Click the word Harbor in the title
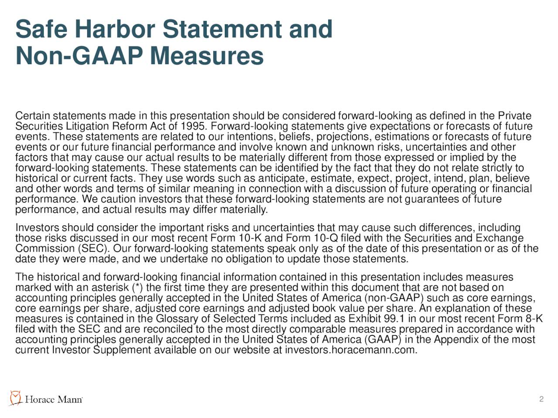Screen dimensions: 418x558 point(115,30)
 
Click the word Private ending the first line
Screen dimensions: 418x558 point(514,116)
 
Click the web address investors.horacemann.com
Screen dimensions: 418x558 point(350,351)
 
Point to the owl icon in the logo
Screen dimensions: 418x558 point(16,398)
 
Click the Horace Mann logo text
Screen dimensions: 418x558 point(53,400)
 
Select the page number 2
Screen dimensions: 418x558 point(541,399)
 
